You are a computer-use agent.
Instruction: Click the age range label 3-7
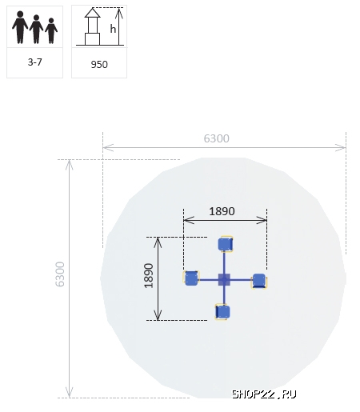[x=34, y=62]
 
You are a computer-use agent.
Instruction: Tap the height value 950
[x=99, y=65]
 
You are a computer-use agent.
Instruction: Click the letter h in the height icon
[x=113, y=29]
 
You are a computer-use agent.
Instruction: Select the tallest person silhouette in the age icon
[x=20, y=27]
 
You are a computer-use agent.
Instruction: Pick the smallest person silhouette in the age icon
[x=51, y=30]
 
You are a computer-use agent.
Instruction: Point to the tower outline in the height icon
[x=92, y=26]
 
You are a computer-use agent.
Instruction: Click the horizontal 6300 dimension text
[x=216, y=138]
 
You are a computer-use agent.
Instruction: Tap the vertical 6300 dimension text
[x=60, y=274]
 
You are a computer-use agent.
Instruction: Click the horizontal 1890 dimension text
[x=222, y=211]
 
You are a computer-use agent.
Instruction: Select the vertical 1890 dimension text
[x=149, y=276]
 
